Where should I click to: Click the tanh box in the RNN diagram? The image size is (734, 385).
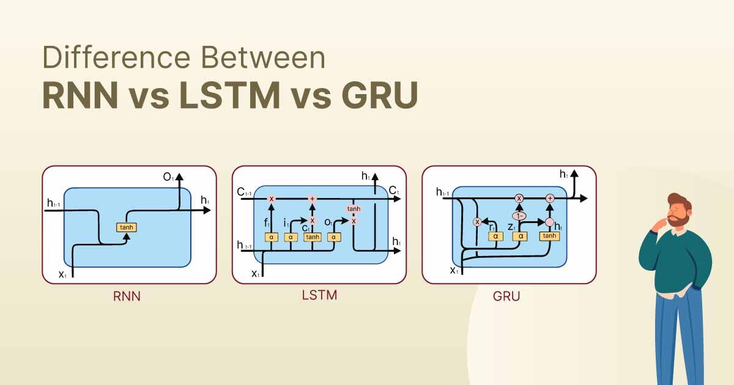pyautogui.click(x=127, y=227)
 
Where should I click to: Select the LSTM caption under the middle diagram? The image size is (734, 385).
pyautogui.click(x=319, y=296)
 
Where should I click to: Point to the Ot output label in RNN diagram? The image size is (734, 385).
pyautogui.click(x=168, y=177)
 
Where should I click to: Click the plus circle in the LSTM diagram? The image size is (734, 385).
pyautogui.click(x=313, y=199)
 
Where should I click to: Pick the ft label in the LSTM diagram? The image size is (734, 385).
pyautogui.click(x=267, y=224)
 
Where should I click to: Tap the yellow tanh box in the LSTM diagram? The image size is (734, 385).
pyautogui.click(x=313, y=237)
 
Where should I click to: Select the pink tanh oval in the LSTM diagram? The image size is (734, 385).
pyautogui.click(x=354, y=209)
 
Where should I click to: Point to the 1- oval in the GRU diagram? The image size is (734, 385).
pyautogui.click(x=519, y=216)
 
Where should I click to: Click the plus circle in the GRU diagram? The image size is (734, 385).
pyautogui.click(x=549, y=198)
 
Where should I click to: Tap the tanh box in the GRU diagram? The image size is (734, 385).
pyautogui.click(x=549, y=236)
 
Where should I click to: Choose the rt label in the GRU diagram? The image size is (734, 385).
pyautogui.click(x=492, y=226)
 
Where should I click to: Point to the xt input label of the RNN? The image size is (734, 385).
pyautogui.click(x=62, y=274)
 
